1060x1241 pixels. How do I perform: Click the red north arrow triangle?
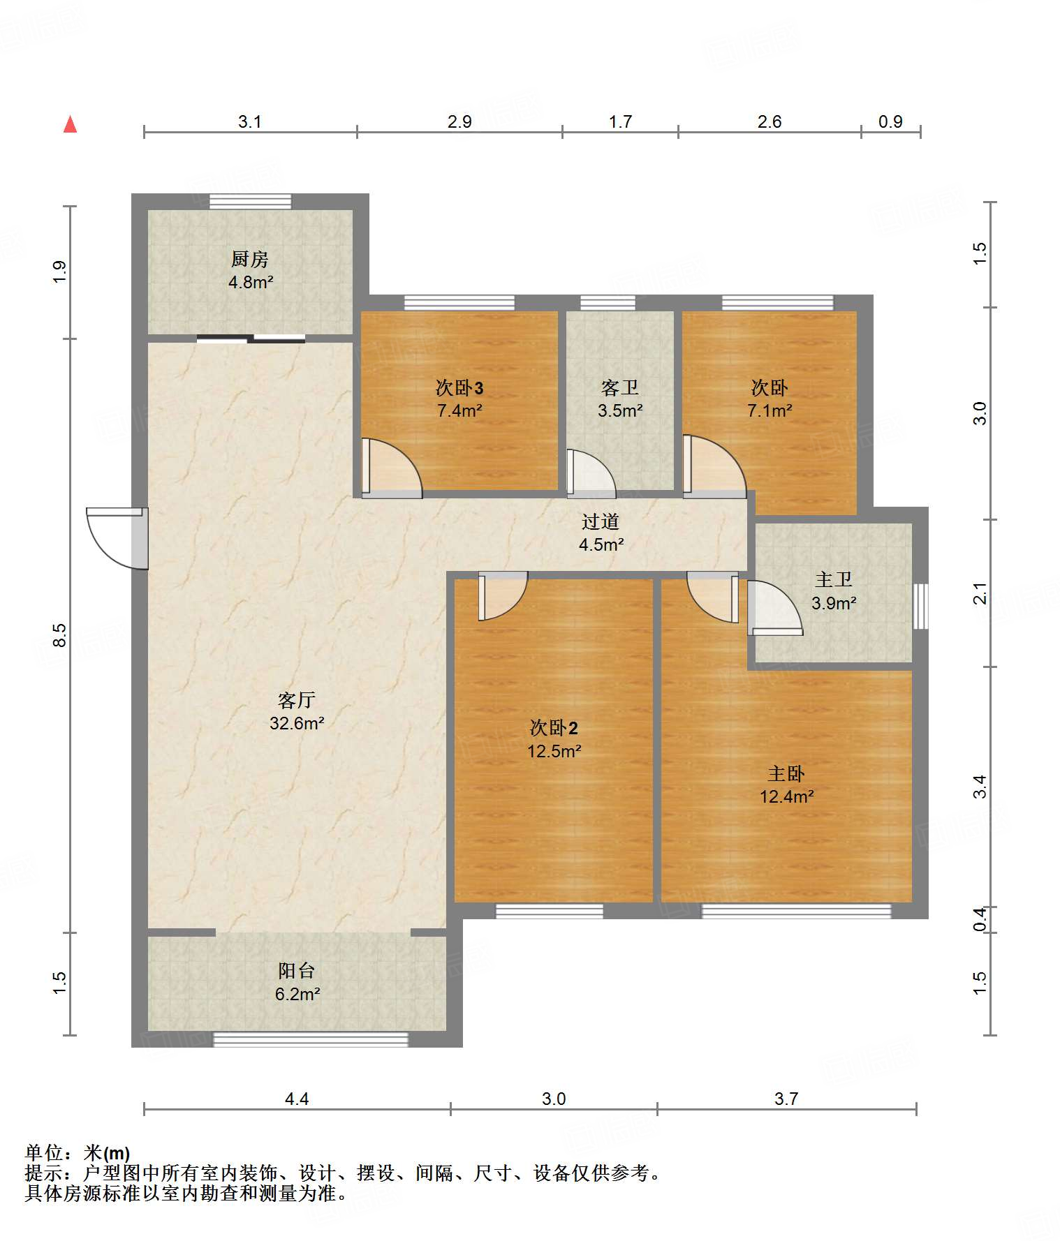click(x=70, y=124)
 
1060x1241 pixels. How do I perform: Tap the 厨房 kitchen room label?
click(x=249, y=259)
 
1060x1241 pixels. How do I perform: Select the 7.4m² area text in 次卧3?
click(x=459, y=410)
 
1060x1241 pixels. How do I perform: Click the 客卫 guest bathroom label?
click(x=619, y=387)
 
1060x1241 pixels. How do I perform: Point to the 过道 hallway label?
click(x=601, y=521)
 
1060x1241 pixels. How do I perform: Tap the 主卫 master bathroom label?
click(x=834, y=579)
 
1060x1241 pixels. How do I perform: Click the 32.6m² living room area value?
click(x=297, y=723)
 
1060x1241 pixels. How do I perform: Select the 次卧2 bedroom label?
click(x=554, y=728)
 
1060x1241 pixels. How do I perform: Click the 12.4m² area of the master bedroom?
click(x=787, y=796)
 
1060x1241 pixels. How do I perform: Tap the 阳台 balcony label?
click(x=297, y=970)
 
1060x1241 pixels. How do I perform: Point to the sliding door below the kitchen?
click(x=251, y=339)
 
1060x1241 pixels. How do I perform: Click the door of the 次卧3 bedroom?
click(x=392, y=468)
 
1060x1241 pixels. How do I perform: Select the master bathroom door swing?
click(x=775, y=607)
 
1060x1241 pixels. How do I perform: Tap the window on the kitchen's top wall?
click(x=251, y=202)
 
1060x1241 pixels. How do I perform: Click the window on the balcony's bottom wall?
click(x=311, y=1039)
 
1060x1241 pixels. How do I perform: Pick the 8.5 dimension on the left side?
click(x=59, y=634)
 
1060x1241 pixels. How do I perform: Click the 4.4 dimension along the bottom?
click(x=297, y=1099)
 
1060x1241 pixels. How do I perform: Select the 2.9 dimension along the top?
click(x=459, y=121)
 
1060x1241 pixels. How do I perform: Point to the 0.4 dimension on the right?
click(x=980, y=919)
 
